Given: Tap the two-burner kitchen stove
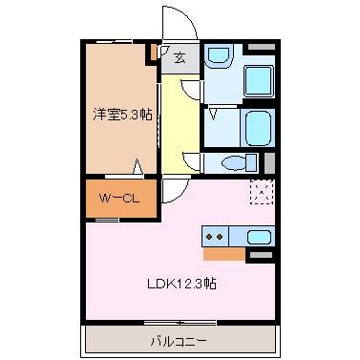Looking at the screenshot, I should click(x=215, y=235).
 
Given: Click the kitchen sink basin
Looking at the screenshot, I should click(x=258, y=236).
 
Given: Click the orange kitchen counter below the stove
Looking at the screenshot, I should click(x=223, y=253).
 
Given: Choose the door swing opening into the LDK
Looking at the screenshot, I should click(x=174, y=190).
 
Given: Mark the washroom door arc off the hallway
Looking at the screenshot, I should click(x=192, y=90).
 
